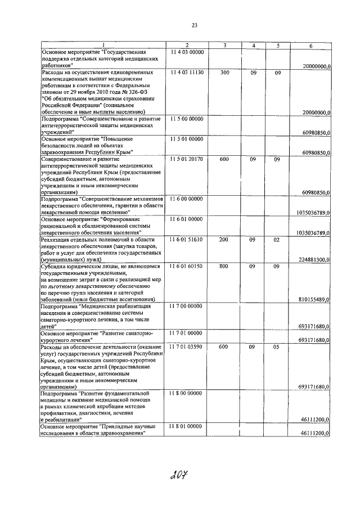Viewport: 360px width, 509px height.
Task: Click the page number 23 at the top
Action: point(194,25)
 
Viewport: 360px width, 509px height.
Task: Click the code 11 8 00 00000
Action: point(187,394)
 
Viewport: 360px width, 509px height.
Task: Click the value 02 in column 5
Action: point(277,240)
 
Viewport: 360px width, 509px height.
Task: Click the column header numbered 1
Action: point(103,45)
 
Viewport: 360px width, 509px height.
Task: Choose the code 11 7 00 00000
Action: point(187,307)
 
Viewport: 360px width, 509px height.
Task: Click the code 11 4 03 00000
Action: point(187,52)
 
